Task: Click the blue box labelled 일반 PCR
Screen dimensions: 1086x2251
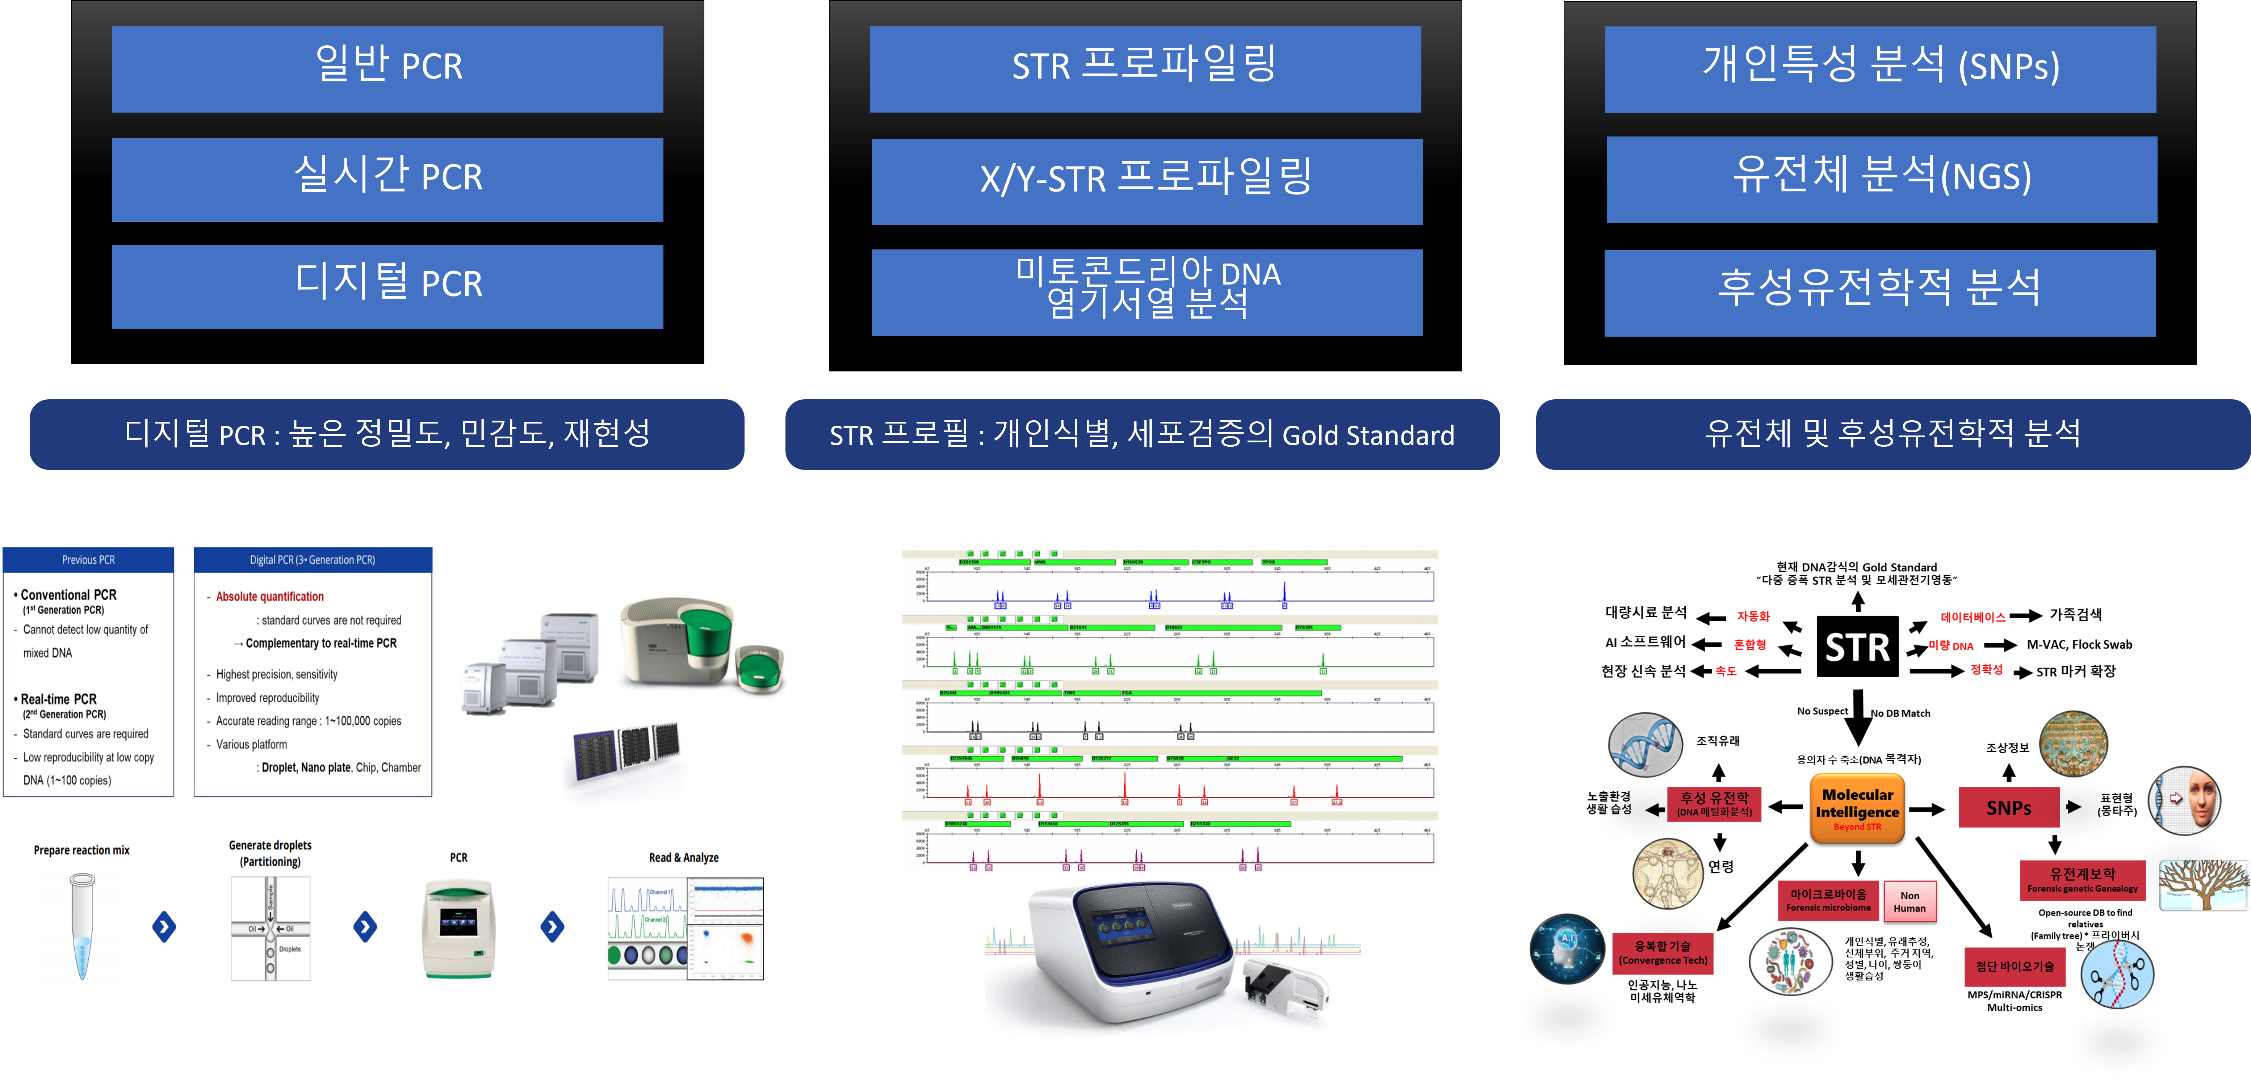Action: point(387,69)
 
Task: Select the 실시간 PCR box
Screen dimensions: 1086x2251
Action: point(387,179)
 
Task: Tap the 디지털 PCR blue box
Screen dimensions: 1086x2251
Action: point(387,287)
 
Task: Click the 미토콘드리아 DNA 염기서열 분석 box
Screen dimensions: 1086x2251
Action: point(1147,292)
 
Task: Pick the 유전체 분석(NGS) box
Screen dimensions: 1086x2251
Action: point(1881,179)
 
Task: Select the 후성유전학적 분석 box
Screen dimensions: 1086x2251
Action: point(1879,293)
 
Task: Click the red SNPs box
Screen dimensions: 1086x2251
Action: point(2008,807)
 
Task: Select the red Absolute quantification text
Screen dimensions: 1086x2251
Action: point(270,597)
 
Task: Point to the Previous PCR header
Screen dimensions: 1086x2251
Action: point(88,560)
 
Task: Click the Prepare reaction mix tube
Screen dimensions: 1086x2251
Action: point(82,926)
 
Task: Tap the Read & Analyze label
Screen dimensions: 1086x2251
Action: point(683,858)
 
